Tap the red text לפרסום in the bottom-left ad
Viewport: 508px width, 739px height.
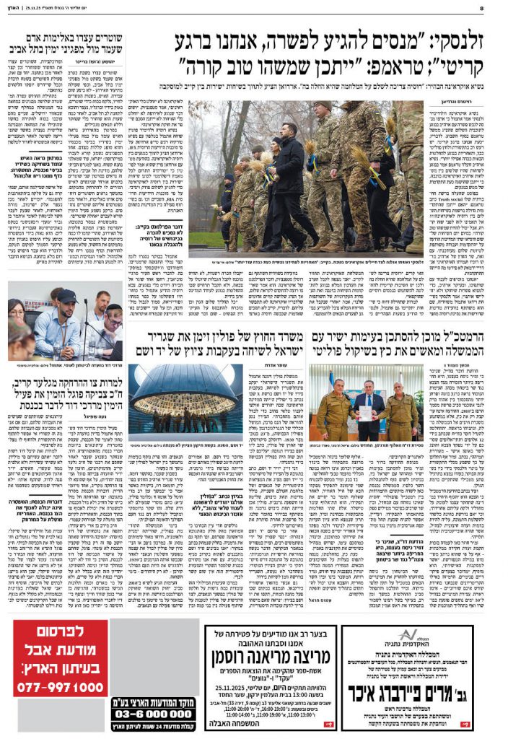(63, 638)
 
